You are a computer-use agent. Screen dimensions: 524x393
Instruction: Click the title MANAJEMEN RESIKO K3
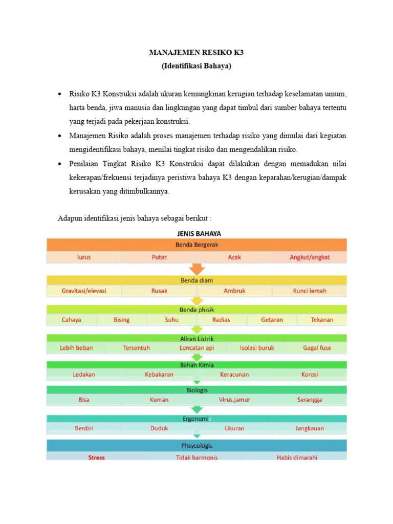(x=196, y=53)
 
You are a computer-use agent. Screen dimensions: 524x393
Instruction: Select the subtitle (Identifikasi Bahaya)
(x=196, y=66)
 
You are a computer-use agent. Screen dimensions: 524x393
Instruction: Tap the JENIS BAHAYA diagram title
(x=196, y=233)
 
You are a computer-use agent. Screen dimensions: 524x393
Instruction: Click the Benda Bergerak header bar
(x=196, y=244)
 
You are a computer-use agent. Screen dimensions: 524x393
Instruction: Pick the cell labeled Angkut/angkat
(x=310, y=257)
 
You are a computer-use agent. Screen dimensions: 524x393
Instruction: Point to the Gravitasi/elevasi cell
(x=84, y=291)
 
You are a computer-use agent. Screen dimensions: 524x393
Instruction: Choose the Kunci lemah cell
(x=310, y=291)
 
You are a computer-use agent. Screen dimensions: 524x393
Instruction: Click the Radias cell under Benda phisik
(x=221, y=320)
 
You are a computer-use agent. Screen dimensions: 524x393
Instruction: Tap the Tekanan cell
(x=322, y=320)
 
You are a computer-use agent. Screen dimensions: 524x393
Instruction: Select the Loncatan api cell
(x=196, y=348)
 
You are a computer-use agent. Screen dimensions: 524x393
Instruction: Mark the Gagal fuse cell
(x=317, y=348)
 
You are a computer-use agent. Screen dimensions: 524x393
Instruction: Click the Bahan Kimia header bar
(x=196, y=364)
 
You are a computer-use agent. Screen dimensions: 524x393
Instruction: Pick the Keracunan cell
(x=234, y=375)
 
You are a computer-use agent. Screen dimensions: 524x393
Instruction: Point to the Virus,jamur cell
(x=234, y=400)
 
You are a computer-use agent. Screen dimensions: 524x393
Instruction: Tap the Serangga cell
(x=310, y=400)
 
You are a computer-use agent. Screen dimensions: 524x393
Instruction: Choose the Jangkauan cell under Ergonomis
(x=310, y=428)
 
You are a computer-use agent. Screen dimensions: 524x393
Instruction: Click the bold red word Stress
(x=96, y=457)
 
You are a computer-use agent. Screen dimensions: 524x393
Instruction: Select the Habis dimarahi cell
(x=297, y=457)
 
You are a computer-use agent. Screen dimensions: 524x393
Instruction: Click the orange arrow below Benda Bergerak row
(x=196, y=269)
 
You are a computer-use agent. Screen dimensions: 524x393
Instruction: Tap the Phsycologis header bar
(x=196, y=445)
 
